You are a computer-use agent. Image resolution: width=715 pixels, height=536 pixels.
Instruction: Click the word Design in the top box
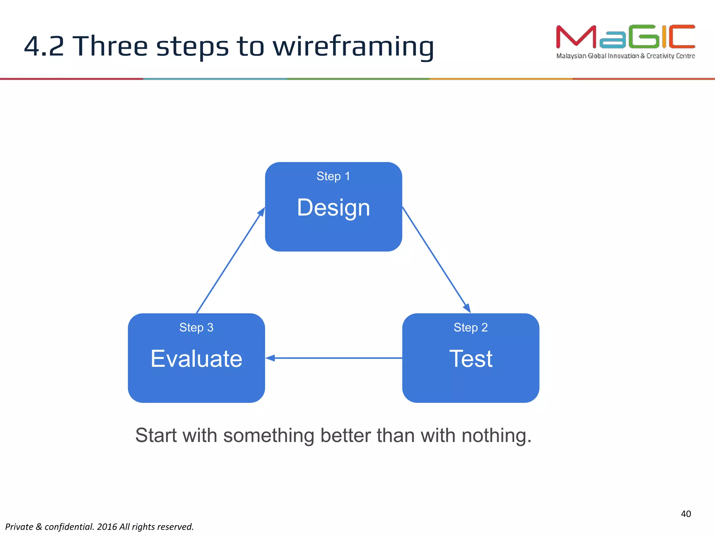(x=333, y=208)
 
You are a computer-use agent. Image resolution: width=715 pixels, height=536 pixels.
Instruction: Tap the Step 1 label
(x=333, y=176)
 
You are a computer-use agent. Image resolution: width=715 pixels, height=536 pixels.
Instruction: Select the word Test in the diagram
(x=471, y=359)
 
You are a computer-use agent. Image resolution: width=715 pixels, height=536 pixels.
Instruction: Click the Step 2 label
(x=470, y=327)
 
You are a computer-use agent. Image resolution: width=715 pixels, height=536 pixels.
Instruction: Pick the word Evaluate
(x=196, y=359)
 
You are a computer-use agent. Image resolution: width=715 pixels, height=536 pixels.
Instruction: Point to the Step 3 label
(x=196, y=327)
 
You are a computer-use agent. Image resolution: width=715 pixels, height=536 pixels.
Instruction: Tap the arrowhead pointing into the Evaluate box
(x=270, y=358)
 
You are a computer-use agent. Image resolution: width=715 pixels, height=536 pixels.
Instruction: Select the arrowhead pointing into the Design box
(x=261, y=211)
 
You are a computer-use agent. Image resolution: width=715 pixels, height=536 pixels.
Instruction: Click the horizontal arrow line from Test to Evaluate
(x=335, y=358)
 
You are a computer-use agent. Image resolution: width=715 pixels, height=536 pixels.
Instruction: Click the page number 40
(x=686, y=514)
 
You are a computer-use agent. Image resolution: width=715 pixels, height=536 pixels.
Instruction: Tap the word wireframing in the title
(x=353, y=46)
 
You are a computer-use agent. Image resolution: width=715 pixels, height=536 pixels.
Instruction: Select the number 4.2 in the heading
(x=44, y=46)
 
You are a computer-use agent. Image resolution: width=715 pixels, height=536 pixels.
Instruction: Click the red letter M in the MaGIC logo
(x=576, y=37)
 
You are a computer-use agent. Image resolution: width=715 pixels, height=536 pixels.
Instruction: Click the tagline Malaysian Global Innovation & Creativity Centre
(x=625, y=56)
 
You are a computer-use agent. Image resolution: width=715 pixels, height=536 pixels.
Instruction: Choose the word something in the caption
(x=268, y=435)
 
